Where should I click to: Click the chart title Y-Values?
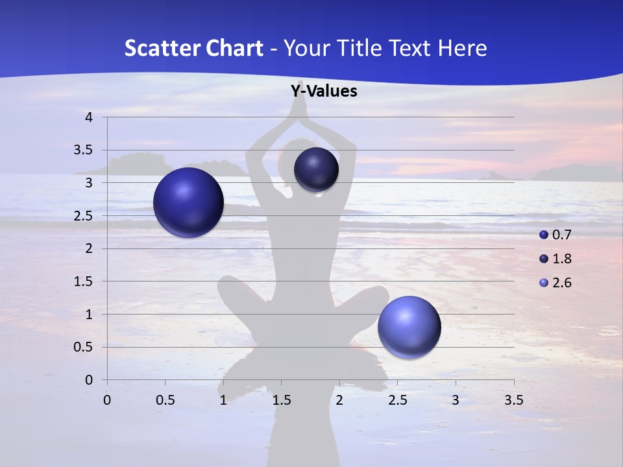click(324, 91)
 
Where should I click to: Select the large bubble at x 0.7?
click(188, 202)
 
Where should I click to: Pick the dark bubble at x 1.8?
click(316, 170)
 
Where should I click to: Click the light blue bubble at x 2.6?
click(409, 327)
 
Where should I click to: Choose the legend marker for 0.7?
click(544, 235)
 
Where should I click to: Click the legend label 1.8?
click(561, 259)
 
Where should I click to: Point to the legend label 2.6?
click(561, 283)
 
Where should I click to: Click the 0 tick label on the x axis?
click(107, 400)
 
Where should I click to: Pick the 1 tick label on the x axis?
click(223, 400)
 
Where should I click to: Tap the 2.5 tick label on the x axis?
click(397, 400)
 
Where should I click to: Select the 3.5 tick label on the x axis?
click(513, 400)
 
